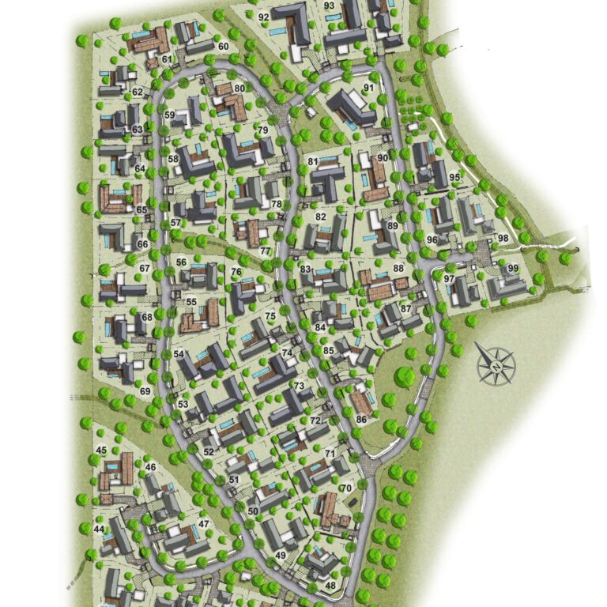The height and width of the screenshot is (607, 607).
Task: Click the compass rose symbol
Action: [x=496, y=365]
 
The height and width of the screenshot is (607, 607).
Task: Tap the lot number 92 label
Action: [x=263, y=17]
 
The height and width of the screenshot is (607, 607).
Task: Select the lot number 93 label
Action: [x=330, y=6]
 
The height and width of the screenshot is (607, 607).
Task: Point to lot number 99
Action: [x=513, y=269]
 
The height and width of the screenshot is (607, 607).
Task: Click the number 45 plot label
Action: [x=101, y=451]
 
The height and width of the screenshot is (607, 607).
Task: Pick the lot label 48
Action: [x=330, y=586]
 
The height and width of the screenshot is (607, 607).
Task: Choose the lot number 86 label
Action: [x=361, y=419]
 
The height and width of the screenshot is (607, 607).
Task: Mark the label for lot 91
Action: [x=368, y=87]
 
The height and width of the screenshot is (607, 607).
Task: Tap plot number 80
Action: [x=239, y=88]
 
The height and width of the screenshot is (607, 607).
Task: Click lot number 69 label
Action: [x=145, y=391]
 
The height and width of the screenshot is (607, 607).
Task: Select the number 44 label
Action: [x=99, y=528]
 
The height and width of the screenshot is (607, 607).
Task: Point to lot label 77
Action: [x=266, y=251]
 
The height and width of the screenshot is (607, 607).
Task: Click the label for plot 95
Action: [x=454, y=176]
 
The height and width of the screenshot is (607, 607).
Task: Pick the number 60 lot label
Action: [x=224, y=47]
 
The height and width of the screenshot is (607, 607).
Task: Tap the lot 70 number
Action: [x=345, y=488]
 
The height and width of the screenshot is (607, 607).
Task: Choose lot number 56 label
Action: [x=181, y=262]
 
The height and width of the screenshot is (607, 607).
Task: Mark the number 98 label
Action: [x=503, y=239]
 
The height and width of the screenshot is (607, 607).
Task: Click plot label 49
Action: [x=281, y=556]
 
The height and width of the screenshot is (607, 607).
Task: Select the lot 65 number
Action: [x=141, y=209]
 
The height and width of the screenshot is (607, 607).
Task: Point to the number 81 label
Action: [x=313, y=161]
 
